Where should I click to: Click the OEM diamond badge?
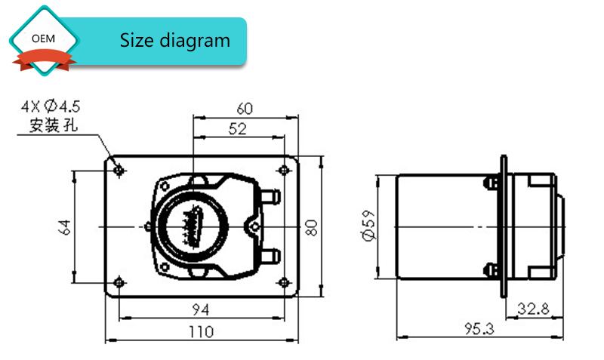click(44, 40)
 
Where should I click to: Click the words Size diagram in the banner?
click(175, 41)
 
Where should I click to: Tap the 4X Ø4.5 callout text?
click(51, 106)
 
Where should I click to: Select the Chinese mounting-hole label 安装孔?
click(54, 125)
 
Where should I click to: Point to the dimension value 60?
click(245, 109)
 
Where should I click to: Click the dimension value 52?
click(237, 128)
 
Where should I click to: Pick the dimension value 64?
click(64, 227)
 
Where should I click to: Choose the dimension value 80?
click(311, 228)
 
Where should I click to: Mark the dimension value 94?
click(201, 309)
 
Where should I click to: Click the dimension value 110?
click(201, 331)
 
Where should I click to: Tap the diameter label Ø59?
click(368, 226)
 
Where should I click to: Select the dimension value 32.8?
click(533, 309)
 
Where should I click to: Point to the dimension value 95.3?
click(479, 329)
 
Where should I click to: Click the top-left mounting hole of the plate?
click(119, 170)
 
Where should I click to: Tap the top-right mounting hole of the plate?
click(284, 170)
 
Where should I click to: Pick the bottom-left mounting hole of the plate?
click(119, 283)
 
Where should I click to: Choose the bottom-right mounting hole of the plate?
click(284, 283)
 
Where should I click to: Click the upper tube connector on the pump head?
click(271, 196)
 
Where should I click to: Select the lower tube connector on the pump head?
click(271, 256)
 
